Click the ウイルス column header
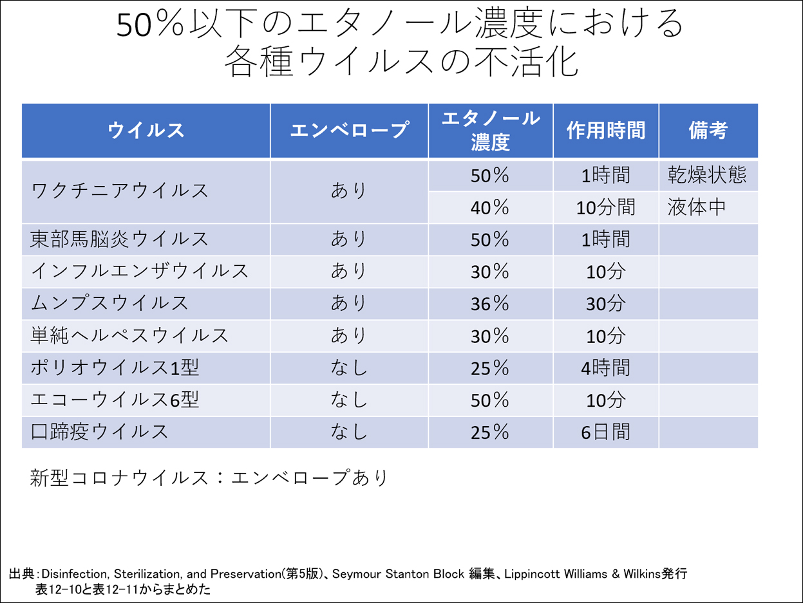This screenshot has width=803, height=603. (x=146, y=131)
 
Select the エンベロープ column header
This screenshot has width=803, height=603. (x=349, y=131)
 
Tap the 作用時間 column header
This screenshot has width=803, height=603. (x=605, y=131)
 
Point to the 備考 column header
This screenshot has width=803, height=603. (x=708, y=131)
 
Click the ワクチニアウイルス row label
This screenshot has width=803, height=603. (x=120, y=191)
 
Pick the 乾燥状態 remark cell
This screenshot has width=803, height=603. (x=707, y=175)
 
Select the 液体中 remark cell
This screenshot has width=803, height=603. (x=697, y=207)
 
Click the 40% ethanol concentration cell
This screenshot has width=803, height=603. (x=489, y=207)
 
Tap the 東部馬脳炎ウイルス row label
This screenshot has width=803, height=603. (x=120, y=239)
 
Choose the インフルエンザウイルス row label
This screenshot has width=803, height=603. (x=140, y=272)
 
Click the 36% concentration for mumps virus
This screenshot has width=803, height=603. (x=489, y=304)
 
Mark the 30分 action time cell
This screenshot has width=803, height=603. (x=605, y=304)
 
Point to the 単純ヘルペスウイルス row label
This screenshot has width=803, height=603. (x=129, y=336)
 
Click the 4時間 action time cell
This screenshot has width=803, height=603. (x=605, y=368)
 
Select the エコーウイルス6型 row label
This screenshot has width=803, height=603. (x=115, y=400)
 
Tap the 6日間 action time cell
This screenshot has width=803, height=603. (x=605, y=432)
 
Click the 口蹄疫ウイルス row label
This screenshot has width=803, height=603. (x=100, y=432)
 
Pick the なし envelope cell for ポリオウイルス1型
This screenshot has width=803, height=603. (x=349, y=368)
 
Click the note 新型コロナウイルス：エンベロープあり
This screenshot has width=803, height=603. (x=209, y=478)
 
